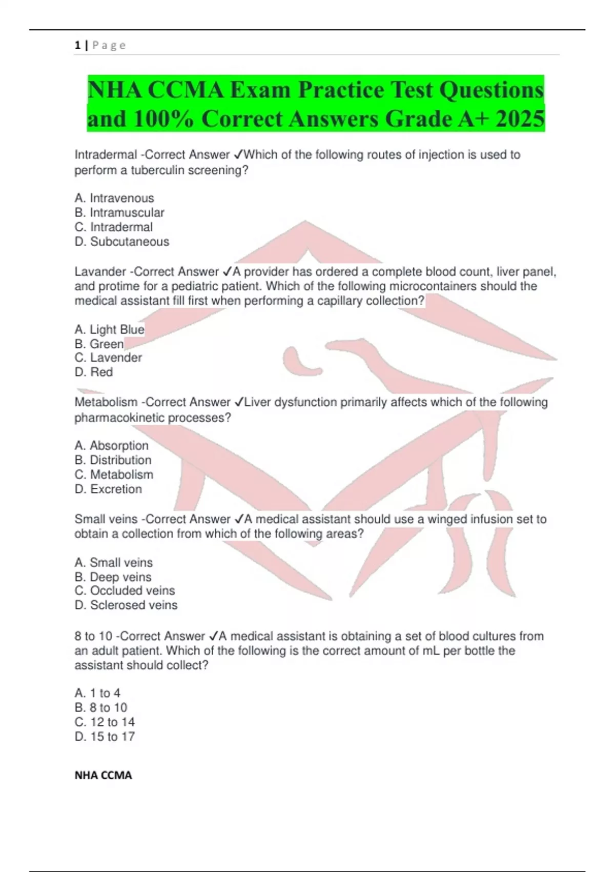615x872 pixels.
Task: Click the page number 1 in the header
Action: tap(77, 45)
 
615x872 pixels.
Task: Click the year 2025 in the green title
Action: tap(520, 119)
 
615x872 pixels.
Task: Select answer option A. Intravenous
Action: tap(114, 198)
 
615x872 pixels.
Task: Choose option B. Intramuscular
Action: tap(119, 212)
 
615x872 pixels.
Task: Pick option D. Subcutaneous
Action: tap(121, 242)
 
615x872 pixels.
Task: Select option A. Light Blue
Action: tap(109, 329)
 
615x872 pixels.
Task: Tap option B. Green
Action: tap(99, 344)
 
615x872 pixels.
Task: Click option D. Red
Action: tap(93, 372)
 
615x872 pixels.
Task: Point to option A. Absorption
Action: tap(111, 445)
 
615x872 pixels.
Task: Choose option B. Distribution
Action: tap(113, 460)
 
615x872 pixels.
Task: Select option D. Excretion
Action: tap(108, 489)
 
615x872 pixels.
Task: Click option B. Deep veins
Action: tap(113, 577)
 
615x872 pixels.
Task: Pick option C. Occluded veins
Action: tap(125, 590)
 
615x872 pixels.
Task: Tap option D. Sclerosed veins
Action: tap(126, 605)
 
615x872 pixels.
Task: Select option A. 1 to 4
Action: tap(97, 693)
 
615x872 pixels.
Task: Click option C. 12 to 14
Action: tap(105, 722)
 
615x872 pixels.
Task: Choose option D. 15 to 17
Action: tap(105, 737)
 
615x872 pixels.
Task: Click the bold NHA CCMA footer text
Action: tap(103, 775)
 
